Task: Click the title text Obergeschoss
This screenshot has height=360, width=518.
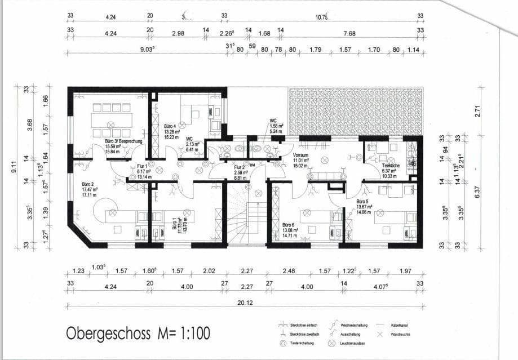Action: [x=108, y=333]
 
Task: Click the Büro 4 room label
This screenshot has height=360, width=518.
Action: [x=170, y=126]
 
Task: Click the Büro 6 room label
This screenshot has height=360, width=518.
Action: [x=290, y=224]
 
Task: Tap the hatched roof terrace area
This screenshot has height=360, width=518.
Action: [x=355, y=111]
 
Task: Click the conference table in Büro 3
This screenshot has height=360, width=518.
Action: [x=112, y=119]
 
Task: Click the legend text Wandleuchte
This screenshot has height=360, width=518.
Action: [x=401, y=335]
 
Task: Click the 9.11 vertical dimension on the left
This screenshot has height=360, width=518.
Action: [x=19, y=167]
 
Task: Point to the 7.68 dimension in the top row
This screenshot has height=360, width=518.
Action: [x=349, y=33]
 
